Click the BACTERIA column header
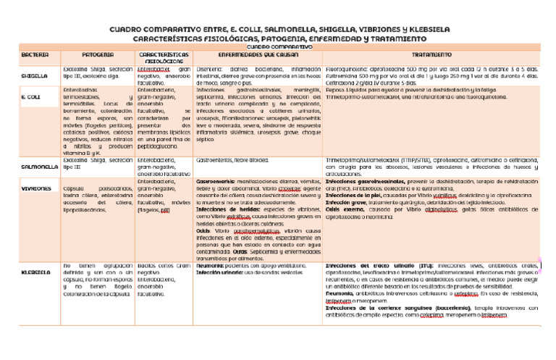(35, 55)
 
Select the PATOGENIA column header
(97, 55)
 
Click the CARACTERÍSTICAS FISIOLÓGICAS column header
(164, 58)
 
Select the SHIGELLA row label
(35, 75)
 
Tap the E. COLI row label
(30, 96)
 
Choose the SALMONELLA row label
(39, 166)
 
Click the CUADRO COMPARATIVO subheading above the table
(277, 46)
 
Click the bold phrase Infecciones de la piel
(354, 195)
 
